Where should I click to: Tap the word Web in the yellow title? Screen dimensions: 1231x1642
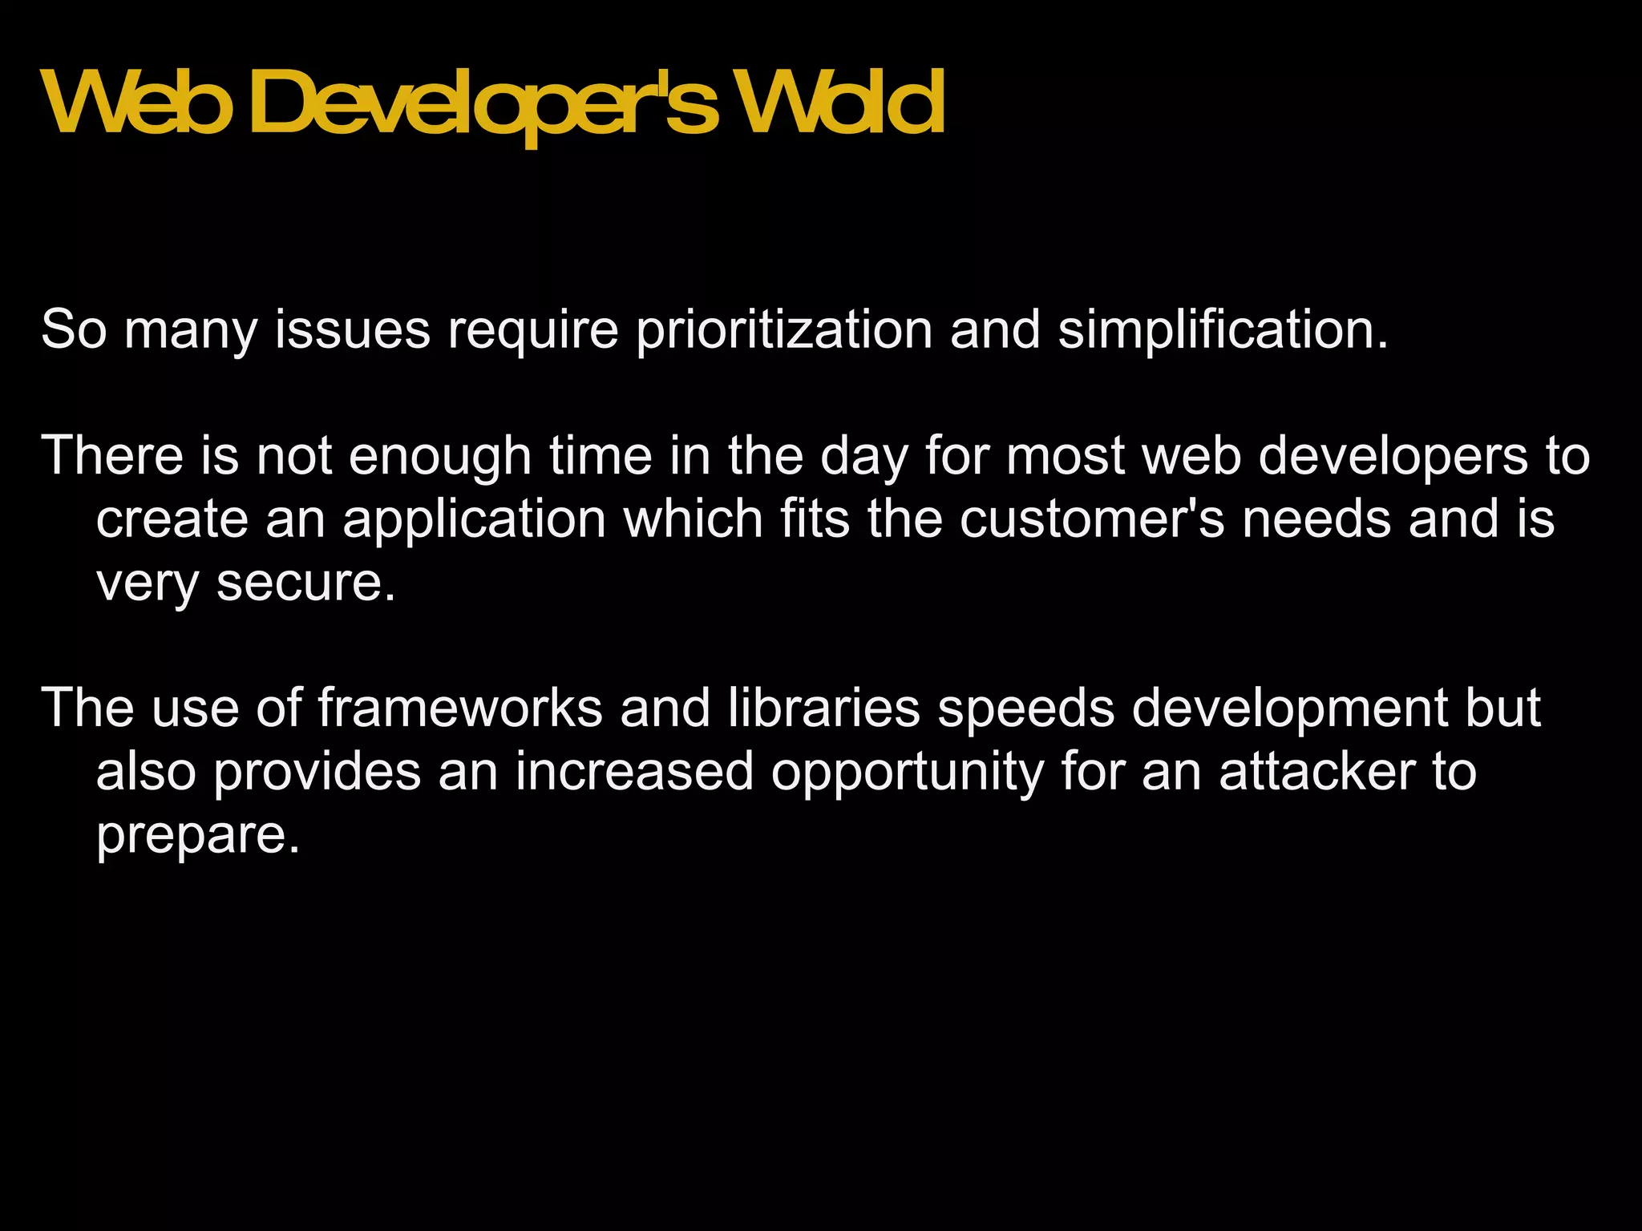click(x=131, y=103)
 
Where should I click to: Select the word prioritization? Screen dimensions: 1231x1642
click(x=784, y=329)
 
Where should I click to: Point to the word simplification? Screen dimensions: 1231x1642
click(x=1222, y=329)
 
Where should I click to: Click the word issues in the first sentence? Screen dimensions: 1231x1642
click(x=353, y=329)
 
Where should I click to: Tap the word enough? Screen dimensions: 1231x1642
click(x=440, y=457)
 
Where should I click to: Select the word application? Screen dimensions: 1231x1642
click(x=475, y=520)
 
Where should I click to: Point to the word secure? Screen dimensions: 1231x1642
click(x=306, y=583)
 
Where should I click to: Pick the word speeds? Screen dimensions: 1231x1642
click(x=1026, y=709)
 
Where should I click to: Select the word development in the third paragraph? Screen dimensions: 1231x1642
click(x=1290, y=709)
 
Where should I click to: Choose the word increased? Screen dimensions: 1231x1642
click(x=634, y=771)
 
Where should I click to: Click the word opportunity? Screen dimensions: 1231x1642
click(x=908, y=773)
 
